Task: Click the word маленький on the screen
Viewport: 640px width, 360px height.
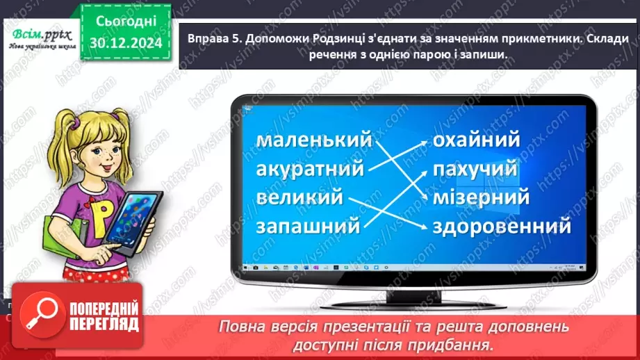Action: [x=314, y=140]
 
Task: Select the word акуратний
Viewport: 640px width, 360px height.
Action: [x=311, y=169]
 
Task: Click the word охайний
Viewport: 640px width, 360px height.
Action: [x=476, y=140]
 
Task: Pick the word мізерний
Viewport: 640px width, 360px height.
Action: [x=481, y=197]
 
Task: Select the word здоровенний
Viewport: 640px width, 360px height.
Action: [x=502, y=226]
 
